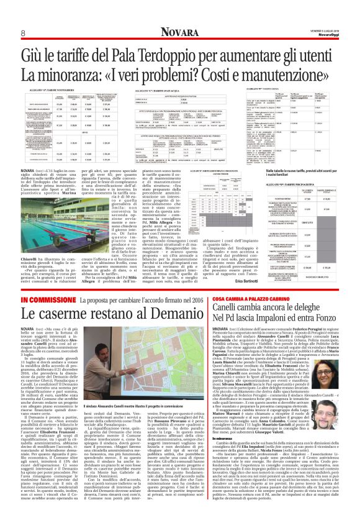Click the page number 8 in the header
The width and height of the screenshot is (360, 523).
tap(22, 33)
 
